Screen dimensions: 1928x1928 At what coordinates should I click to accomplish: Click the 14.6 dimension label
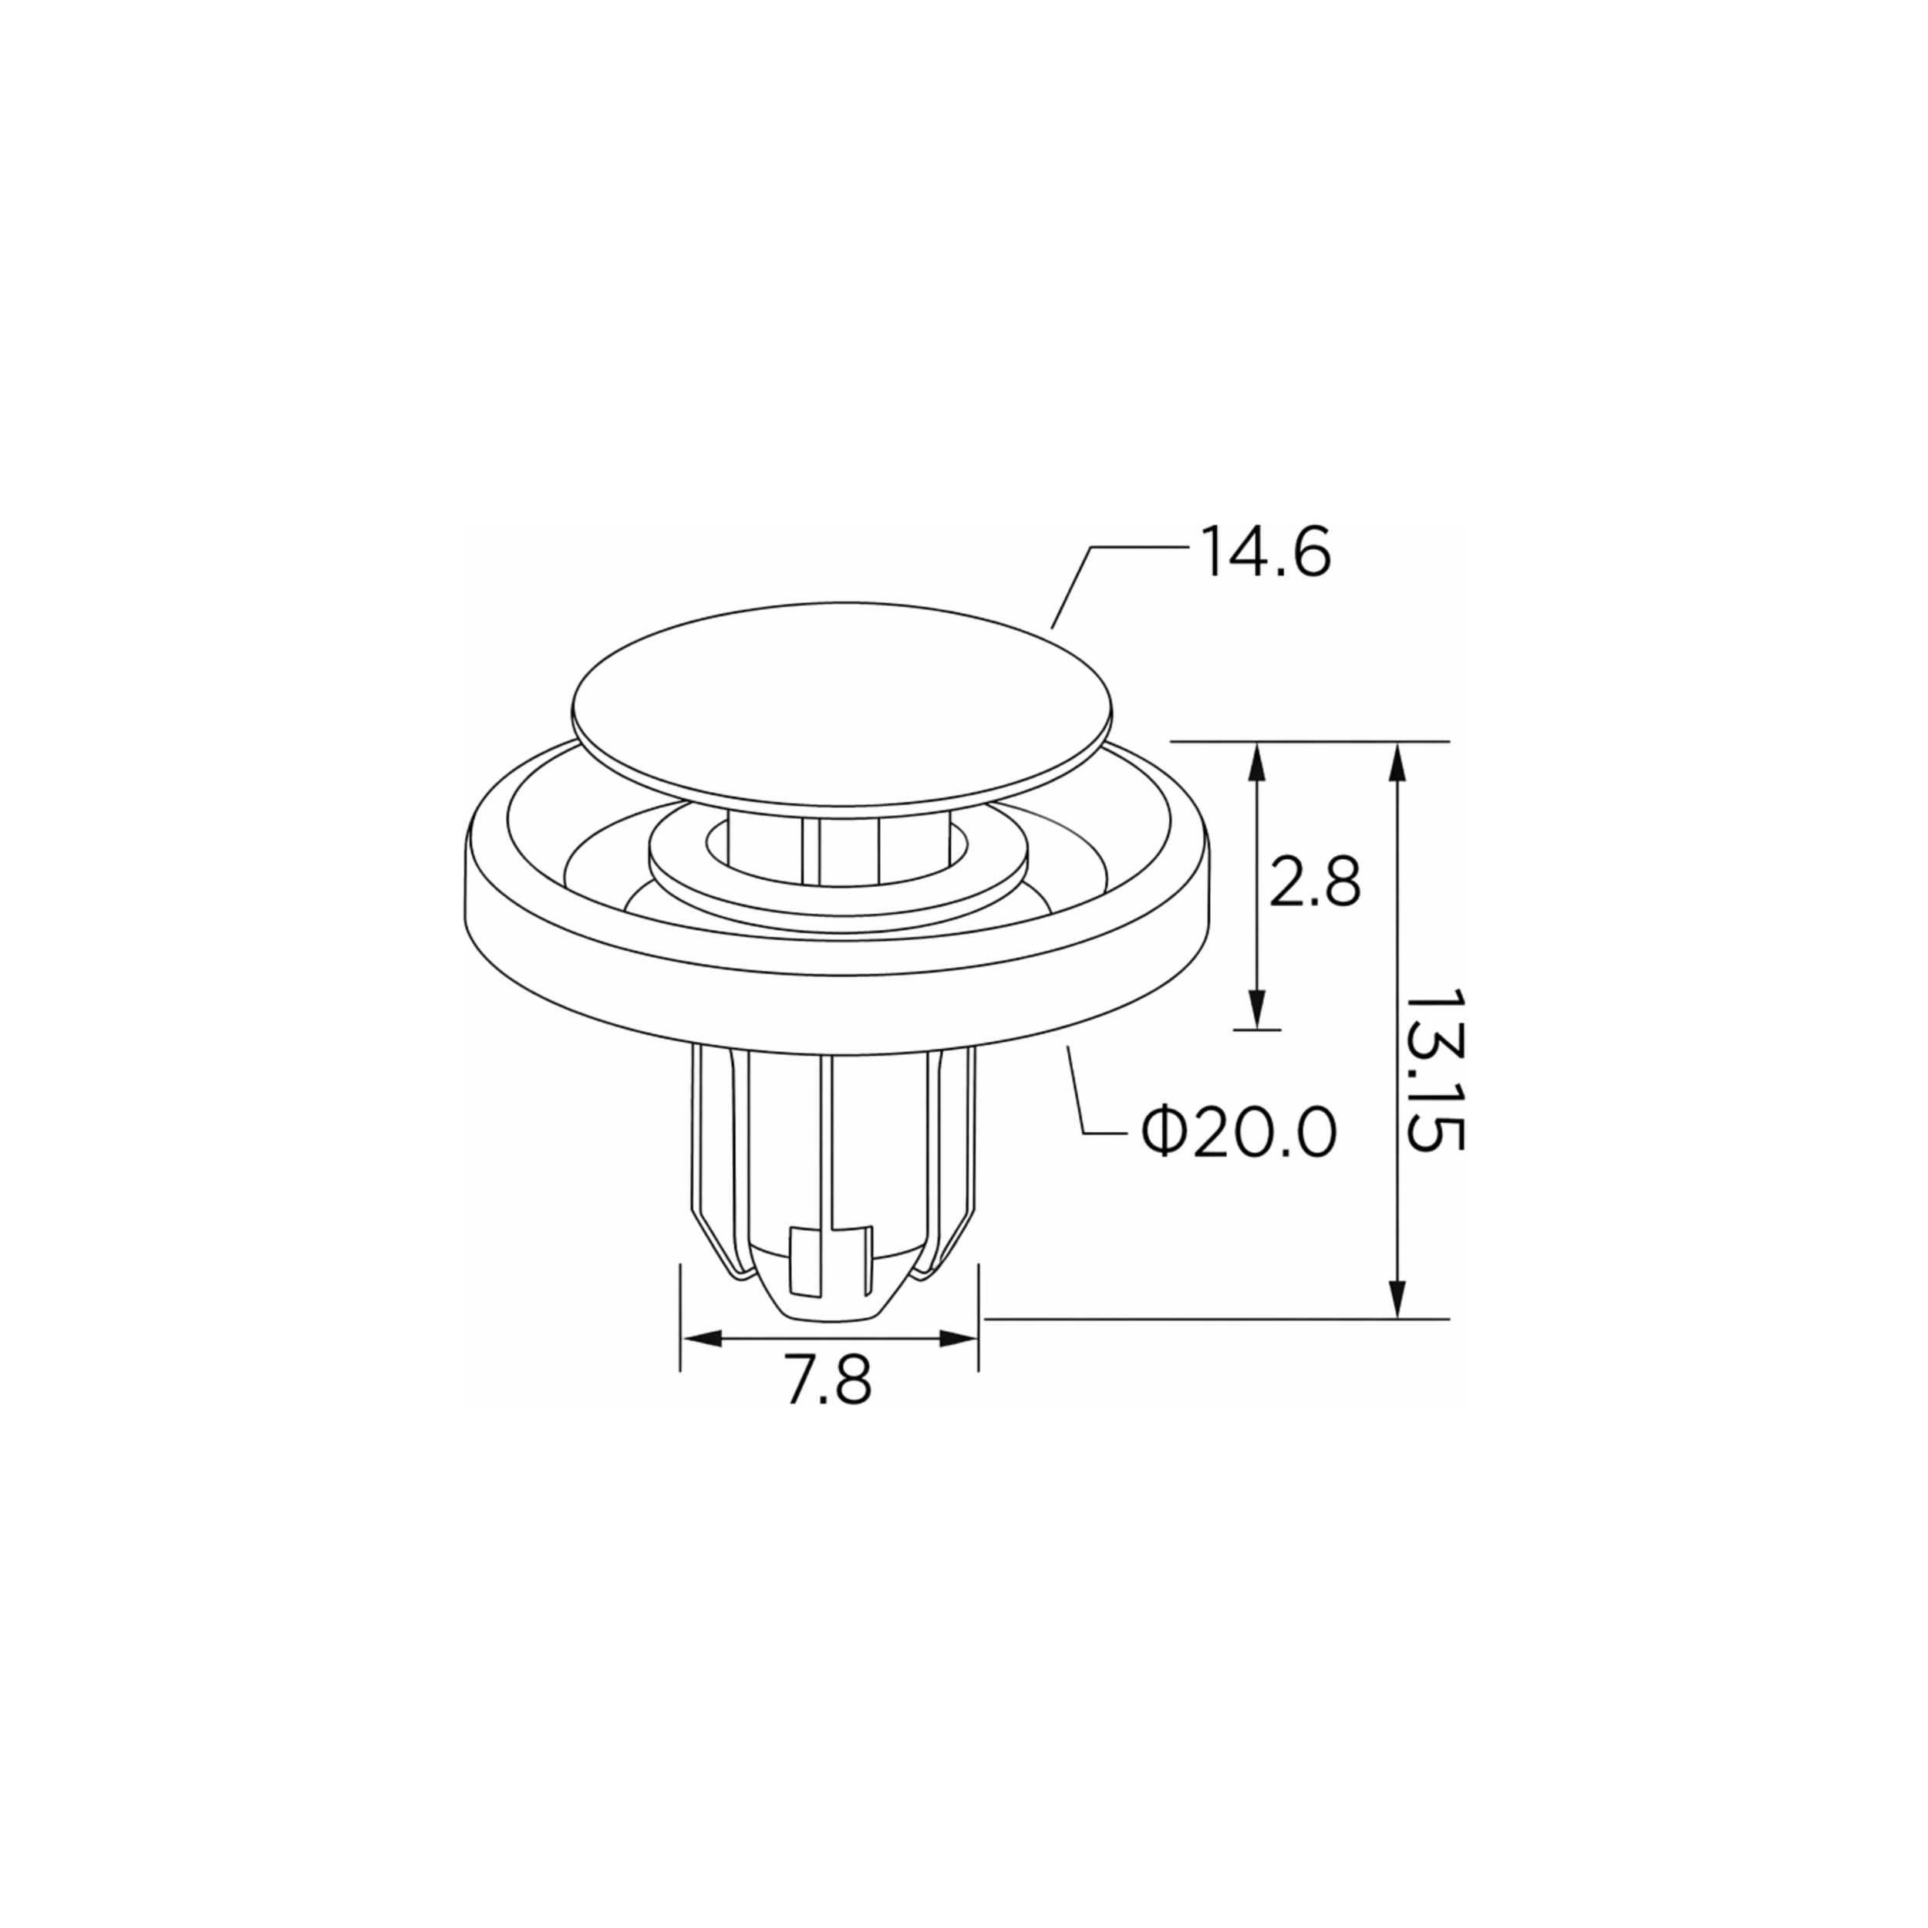(x=1266, y=553)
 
